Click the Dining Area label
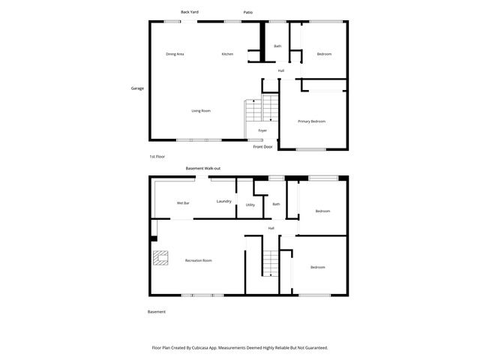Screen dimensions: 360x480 tap(175, 54)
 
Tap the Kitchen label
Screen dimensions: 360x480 tap(227, 54)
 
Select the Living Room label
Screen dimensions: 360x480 tap(200, 111)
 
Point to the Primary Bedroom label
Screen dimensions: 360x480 tap(311, 121)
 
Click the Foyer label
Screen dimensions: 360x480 tap(262, 130)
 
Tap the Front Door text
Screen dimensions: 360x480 tap(262, 146)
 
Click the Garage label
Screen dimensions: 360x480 tap(137, 88)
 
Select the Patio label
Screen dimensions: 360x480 tap(247, 12)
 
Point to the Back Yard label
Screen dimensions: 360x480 tap(190, 11)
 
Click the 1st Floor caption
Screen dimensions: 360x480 tap(157, 156)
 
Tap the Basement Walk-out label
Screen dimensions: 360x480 tap(202, 169)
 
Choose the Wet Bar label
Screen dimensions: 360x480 tap(182, 203)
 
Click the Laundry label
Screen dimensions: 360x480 tap(223, 201)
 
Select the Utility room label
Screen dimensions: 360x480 tap(250, 205)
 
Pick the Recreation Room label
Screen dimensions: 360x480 tap(199, 260)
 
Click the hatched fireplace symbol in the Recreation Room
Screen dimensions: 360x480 tap(160, 257)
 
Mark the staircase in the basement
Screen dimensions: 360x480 tap(270, 262)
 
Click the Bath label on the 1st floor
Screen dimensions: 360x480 tap(277, 46)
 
